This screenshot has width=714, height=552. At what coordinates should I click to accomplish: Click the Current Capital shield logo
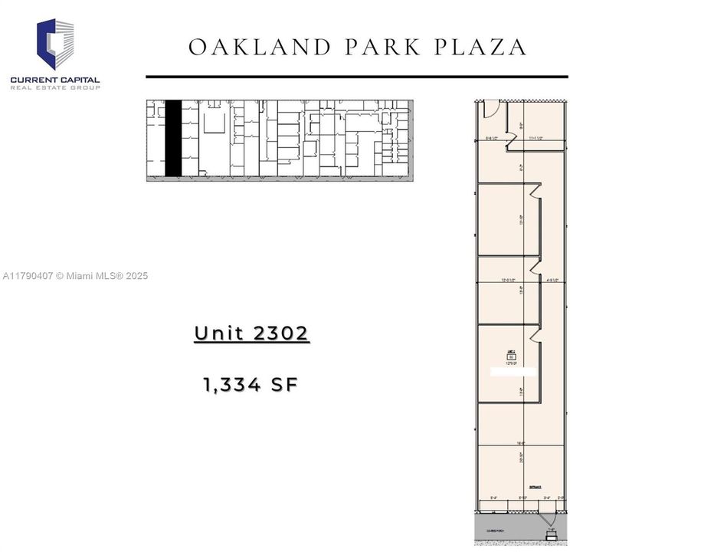point(55,44)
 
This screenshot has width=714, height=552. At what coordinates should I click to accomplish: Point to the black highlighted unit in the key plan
point(174,138)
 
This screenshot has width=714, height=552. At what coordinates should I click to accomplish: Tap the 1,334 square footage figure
point(228,385)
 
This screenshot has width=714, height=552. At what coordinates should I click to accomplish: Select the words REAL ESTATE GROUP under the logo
point(55,88)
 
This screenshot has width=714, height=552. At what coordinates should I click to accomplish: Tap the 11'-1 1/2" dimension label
point(535,139)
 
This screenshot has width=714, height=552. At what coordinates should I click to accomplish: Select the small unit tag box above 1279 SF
point(511,355)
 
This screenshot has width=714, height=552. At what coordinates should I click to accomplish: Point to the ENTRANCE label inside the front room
point(535,487)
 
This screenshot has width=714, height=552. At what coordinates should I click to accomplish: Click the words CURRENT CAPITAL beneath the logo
point(55,80)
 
